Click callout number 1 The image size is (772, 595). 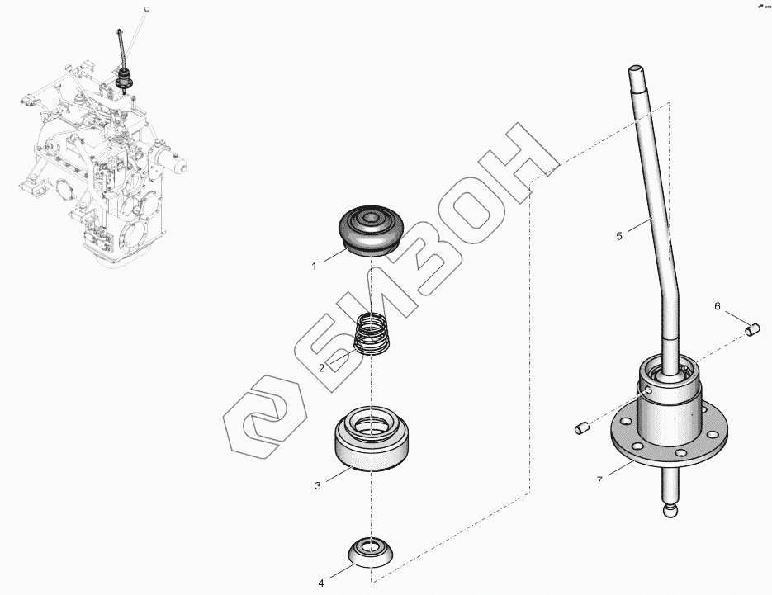(x=314, y=267)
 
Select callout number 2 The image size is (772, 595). (x=321, y=367)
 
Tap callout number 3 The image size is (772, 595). (x=318, y=486)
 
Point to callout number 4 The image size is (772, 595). (x=321, y=583)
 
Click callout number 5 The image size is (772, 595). (x=619, y=236)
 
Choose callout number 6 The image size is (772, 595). (x=718, y=307)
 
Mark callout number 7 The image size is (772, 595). (x=599, y=481)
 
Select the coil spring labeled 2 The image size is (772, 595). (x=372, y=333)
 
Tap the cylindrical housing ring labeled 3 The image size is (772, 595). (x=372, y=438)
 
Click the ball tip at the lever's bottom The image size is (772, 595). (x=669, y=510)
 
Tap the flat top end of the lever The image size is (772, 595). (x=636, y=69)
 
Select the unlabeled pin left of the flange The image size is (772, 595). (x=581, y=428)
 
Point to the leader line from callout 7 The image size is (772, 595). (x=621, y=468)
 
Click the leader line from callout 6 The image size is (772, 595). (x=735, y=319)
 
